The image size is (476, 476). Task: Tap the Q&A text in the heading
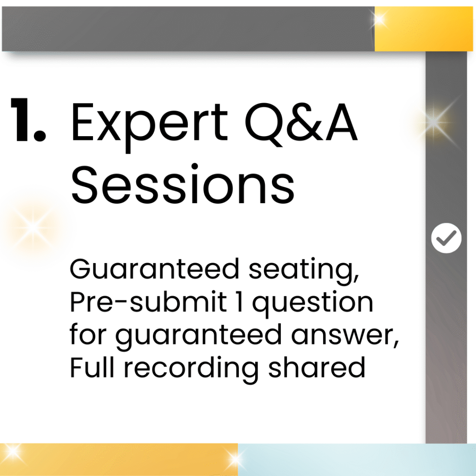301,123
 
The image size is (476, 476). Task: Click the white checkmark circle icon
446,238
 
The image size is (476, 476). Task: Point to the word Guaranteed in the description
154,269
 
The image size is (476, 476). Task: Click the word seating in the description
304,271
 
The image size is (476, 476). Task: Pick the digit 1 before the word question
239,302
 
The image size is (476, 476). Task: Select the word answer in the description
345,335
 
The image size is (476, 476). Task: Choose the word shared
317,367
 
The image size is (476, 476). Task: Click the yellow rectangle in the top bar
424,29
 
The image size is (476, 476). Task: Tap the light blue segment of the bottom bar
357,460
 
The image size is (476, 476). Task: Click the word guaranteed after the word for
198,337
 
